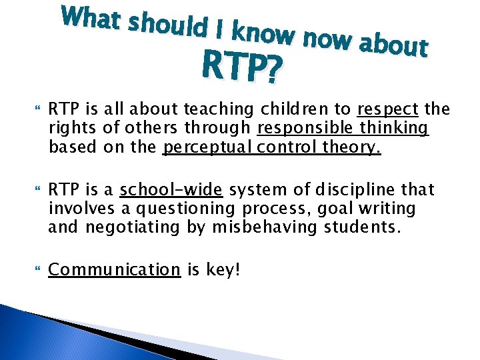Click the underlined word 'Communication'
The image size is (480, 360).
[x=114, y=270]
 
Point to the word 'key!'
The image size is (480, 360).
[x=221, y=270]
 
